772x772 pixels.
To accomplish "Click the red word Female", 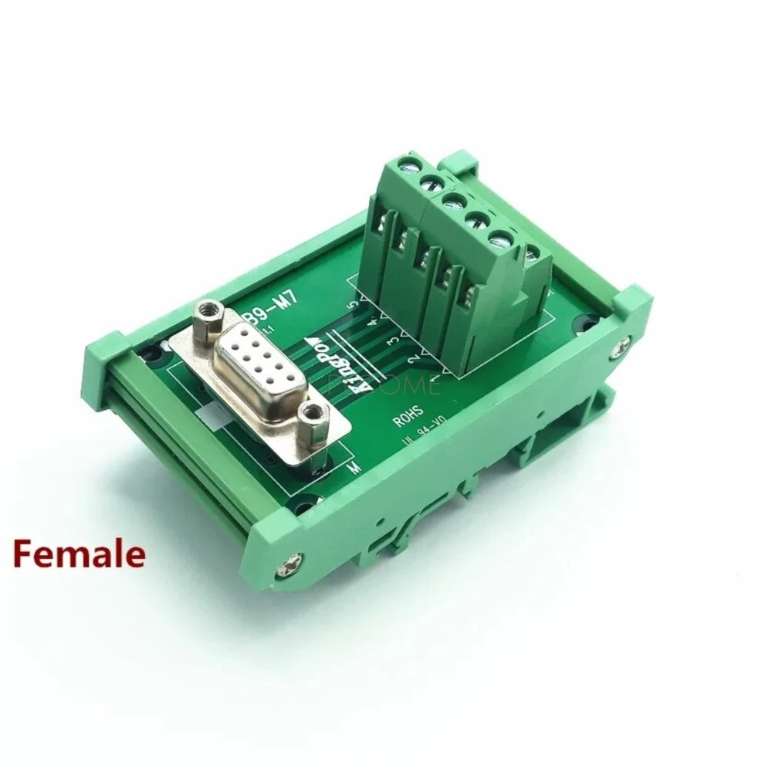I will coord(77,554).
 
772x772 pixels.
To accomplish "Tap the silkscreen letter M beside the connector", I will coord(354,469).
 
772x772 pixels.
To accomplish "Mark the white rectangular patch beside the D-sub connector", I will coord(212,418).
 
